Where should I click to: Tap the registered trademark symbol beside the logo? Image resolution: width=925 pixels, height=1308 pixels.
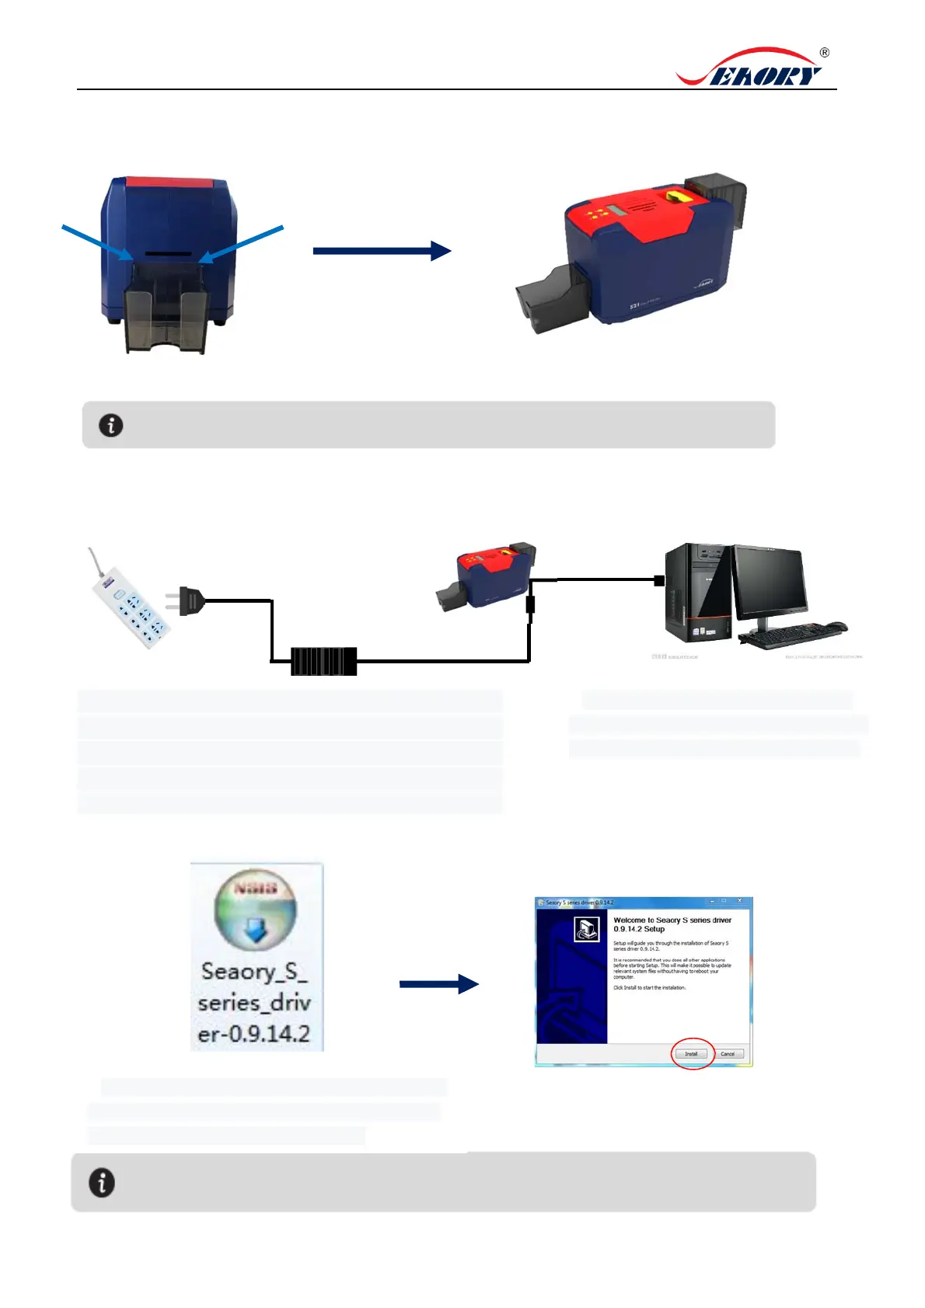(825, 53)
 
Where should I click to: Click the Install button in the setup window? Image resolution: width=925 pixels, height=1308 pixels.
(691, 1054)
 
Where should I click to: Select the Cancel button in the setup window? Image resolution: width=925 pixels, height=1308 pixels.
(728, 1054)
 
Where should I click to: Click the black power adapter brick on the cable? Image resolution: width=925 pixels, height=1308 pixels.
(323, 661)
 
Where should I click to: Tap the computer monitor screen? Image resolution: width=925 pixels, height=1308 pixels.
(768, 580)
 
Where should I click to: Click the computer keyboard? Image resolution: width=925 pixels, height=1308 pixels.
(785, 636)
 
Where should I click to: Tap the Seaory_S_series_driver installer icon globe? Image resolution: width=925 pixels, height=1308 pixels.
(256, 910)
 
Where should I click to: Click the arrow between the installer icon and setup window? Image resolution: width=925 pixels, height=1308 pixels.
(439, 984)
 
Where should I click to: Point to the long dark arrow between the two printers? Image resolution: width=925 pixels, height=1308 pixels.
(381, 251)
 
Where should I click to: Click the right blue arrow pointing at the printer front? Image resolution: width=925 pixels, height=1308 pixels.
(242, 243)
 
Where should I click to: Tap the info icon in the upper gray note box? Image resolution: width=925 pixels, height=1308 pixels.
(111, 425)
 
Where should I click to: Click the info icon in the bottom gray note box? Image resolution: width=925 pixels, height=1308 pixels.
(102, 1182)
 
